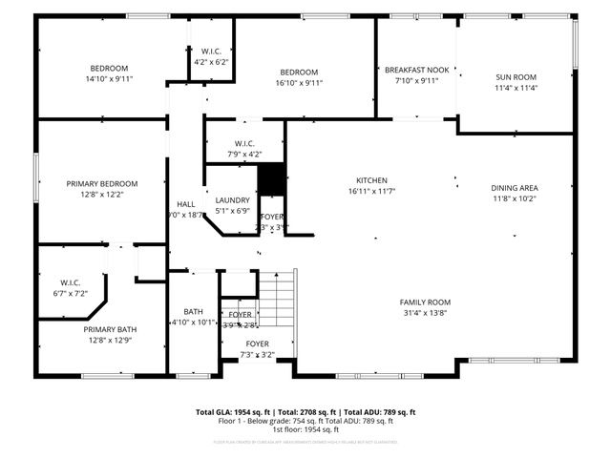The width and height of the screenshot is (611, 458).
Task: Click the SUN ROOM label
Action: pos(516,76)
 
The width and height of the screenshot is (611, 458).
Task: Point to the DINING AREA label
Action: pos(515,188)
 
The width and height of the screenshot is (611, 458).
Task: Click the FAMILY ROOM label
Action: pos(425,302)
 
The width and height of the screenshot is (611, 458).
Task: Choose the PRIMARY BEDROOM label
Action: pos(102,183)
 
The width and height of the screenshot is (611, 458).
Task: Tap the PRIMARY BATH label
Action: pos(99,329)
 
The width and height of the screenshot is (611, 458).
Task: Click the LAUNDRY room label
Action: pos(232,199)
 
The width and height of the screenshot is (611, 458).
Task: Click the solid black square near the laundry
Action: pos(272,179)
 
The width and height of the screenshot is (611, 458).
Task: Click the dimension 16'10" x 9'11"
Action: pos(299,83)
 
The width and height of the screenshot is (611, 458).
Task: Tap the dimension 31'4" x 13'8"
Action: pos(425,313)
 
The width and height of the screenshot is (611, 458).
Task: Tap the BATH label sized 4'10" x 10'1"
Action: pos(194,312)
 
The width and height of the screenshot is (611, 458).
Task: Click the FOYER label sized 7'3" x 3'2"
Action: pos(257,343)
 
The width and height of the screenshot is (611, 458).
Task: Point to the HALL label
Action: pos(185,204)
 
